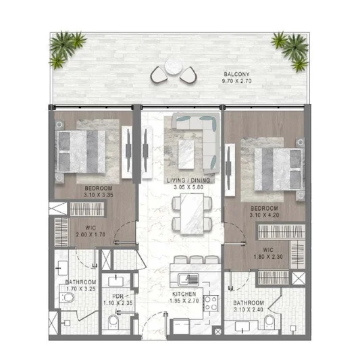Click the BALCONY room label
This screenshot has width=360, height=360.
coord(236,74)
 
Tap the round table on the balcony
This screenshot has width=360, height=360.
coord(174,66)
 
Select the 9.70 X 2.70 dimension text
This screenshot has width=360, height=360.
coord(236,81)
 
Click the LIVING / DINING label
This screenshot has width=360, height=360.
coord(188,180)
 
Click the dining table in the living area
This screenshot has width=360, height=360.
coord(192,214)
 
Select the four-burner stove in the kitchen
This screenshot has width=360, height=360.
coord(211,303)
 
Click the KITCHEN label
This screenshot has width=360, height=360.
coord(184,294)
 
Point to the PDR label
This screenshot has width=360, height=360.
coord(118,297)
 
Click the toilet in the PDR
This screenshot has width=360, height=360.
coord(113,322)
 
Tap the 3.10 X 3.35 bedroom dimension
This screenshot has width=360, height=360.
coord(99,195)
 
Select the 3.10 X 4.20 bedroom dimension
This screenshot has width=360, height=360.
coord(265,215)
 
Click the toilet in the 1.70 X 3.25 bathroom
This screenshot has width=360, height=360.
coord(67,298)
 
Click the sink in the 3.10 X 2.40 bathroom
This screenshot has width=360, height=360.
coord(242,327)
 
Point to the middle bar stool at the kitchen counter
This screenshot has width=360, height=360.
coord(197,259)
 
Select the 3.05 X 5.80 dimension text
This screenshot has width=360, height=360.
coord(188,187)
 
